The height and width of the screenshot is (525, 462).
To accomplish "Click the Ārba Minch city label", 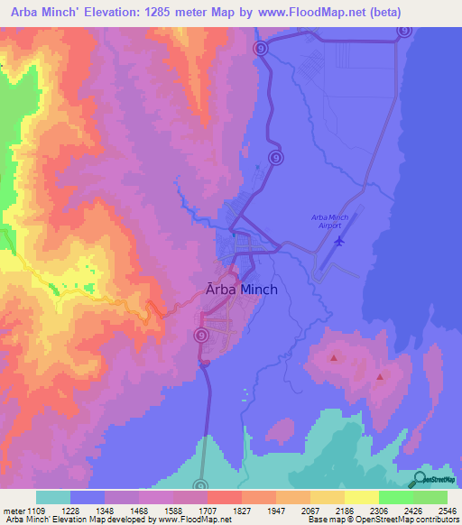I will (x=237, y=290).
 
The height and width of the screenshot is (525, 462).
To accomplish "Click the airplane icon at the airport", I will (x=339, y=241).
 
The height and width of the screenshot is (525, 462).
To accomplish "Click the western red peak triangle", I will (x=335, y=358).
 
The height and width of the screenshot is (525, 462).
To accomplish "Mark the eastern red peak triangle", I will (x=380, y=376).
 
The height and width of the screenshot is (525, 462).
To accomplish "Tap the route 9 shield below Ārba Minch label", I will (x=200, y=334).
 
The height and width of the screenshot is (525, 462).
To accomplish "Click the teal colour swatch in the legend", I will (x=53, y=497).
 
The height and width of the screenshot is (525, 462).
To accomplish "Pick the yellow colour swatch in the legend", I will (x=362, y=497).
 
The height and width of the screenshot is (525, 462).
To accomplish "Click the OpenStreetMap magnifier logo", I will (x=420, y=481).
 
